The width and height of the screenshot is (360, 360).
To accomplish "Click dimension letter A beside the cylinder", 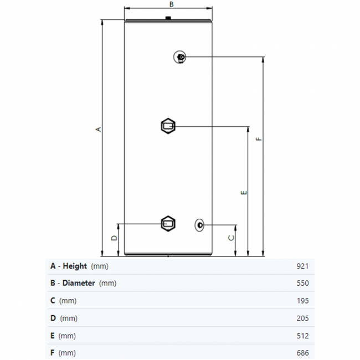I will pos(99,129).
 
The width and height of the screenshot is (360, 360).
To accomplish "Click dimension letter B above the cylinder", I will pos(172,4).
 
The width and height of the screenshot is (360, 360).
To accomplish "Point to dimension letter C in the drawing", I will pos(232,238).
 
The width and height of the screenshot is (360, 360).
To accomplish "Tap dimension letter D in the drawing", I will pos(114,238).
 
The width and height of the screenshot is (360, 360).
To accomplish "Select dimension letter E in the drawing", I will pos(244,193).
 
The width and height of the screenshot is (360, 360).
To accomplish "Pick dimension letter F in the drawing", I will pos(259,140).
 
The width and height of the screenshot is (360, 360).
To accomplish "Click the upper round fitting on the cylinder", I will pos(181,57).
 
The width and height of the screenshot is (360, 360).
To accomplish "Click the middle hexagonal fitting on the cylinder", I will pos(168,126).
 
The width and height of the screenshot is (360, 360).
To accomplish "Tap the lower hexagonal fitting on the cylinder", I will pos(168,224).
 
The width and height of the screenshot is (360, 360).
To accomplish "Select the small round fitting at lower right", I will pos(199,224).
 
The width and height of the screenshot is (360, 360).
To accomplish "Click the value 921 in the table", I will pos(302,266).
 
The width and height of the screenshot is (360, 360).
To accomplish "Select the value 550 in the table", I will pos(302,283).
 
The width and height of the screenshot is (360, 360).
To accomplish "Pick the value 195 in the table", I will pos(302,301).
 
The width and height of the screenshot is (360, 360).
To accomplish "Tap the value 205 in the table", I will pos(302,318).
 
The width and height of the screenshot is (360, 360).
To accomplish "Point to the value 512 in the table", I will pos(302,336).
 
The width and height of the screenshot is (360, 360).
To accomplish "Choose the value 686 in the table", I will pos(302,353).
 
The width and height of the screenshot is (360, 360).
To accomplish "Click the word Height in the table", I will pos(75,266).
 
